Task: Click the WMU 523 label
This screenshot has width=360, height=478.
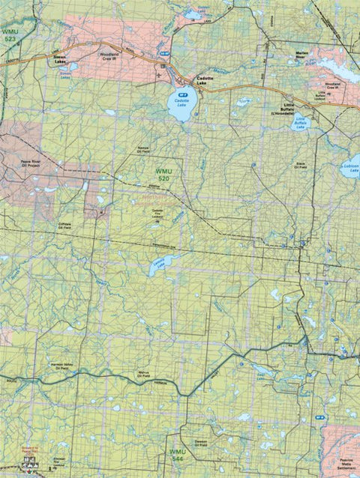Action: click(10, 37)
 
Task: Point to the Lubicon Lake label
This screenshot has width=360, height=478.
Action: click(350, 168)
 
